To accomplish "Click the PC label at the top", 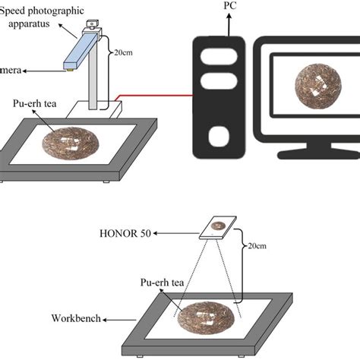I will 229,6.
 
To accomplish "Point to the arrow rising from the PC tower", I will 229,24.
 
